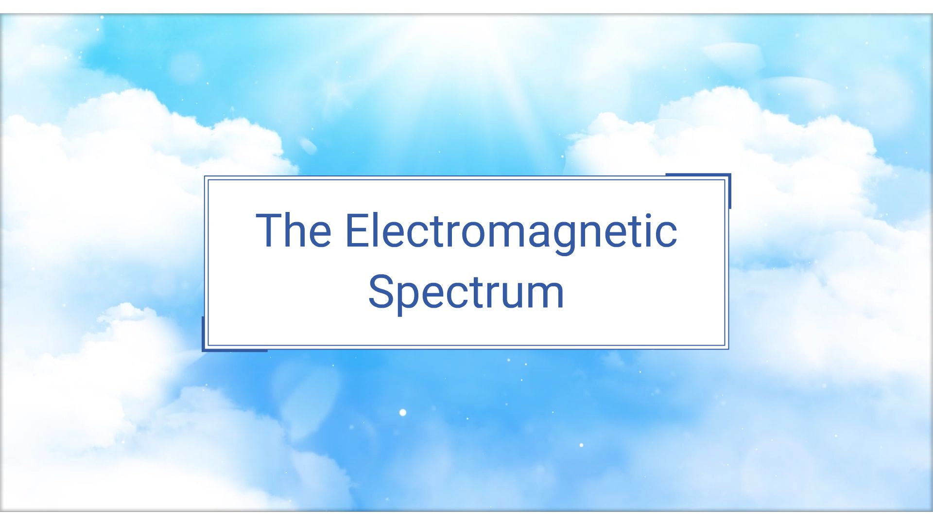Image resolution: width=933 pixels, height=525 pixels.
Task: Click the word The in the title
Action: coord(294,230)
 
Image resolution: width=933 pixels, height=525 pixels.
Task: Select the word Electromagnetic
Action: coord(510,231)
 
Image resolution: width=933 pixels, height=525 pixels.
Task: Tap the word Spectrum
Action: coord(466,292)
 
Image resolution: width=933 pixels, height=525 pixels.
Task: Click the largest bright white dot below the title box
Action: coord(402,413)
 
